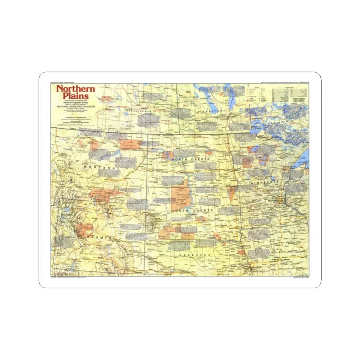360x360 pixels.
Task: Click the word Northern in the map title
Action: click(x=76, y=89)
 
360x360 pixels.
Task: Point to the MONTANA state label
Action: click(x=100, y=168)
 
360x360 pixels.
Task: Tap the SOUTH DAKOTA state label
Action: click(x=193, y=211)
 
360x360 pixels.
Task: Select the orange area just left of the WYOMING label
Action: click(x=84, y=229)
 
